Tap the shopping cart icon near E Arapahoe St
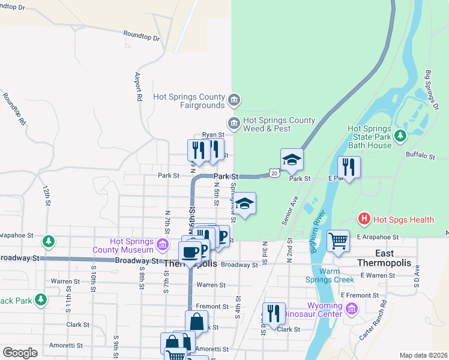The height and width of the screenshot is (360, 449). pyautogui.click(x=338, y=241)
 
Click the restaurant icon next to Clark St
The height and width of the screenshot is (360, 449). pyautogui.click(x=274, y=313)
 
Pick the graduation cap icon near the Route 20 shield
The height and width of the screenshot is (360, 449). pyautogui.click(x=292, y=160)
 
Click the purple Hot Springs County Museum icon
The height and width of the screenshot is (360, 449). pyautogui.click(x=162, y=245)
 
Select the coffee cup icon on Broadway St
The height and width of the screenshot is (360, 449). pyautogui.click(x=190, y=252)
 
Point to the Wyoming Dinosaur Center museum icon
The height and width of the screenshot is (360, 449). pyautogui.click(x=352, y=310)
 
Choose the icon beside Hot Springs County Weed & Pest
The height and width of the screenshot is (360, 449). pyautogui.click(x=234, y=124)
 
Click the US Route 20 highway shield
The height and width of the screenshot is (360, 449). pyautogui.click(x=274, y=173)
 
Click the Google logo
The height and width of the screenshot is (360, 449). pyautogui.click(x=20, y=352)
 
